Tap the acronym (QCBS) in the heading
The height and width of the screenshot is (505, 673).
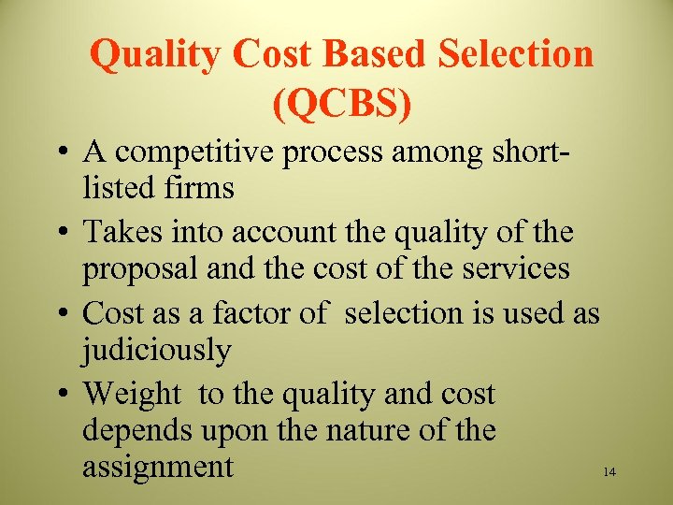click(342, 105)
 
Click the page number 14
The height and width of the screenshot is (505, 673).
click(609, 473)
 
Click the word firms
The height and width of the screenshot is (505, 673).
click(197, 188)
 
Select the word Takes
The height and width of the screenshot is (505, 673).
click(122, 231)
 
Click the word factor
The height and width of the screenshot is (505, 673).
click(254, 311)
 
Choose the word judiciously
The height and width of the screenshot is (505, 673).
click(156, 352)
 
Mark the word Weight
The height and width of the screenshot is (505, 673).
click(132, 395)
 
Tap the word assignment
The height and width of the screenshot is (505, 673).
click(158, 467)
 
